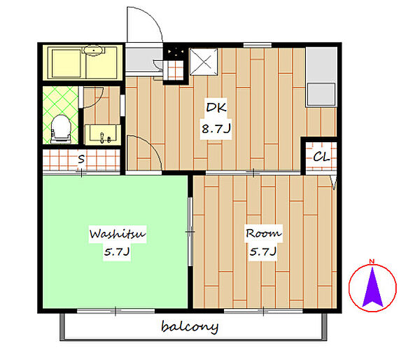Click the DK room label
[216, 107]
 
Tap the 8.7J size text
[216, 129]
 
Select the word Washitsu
[118, 234]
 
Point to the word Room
[264, 233]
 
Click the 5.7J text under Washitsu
[117, 251]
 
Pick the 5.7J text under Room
[263, 251]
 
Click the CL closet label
[321, 157]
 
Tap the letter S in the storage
[81, 159]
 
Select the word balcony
[190, 327]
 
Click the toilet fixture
[61, 129]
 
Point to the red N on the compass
[372, 261]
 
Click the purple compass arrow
[372, 287]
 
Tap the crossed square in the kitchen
[204, 62]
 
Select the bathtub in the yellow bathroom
[66, 64]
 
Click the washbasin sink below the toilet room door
[103, 134]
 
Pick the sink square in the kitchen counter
[321, 94]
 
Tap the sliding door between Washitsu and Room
[190, 232]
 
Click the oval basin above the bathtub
[93, 50]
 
